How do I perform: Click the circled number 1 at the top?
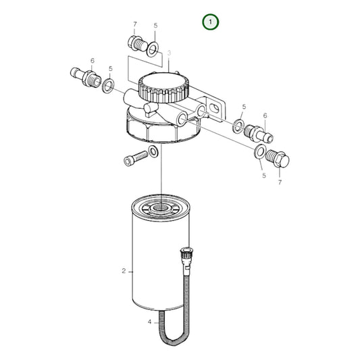pyautogui.click(x=211, y=22)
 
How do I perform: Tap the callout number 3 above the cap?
pyautogui.click(x=169, y=53)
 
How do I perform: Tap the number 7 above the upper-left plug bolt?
pyautogui.click(x=134, y=24)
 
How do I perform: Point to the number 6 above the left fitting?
pyautogui.click(x=91, y=60)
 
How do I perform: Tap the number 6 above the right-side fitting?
pyautogui.click(x=265, y=116)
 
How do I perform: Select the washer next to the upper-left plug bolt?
pyautogui.click(x=153, y=49)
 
